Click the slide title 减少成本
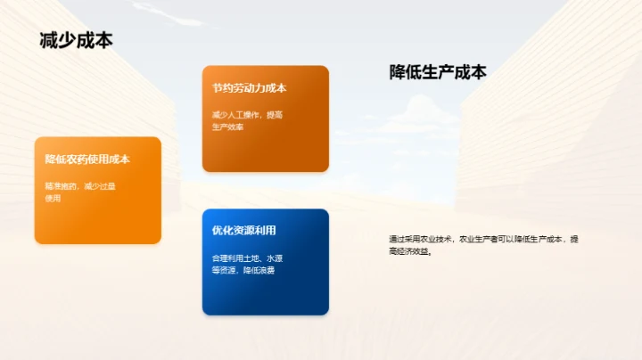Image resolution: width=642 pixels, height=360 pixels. [76, 40]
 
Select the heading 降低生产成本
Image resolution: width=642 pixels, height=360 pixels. [438, 72]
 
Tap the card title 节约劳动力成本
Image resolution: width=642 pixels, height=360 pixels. [249, 88]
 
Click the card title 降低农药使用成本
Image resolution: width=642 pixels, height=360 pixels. [87, 160]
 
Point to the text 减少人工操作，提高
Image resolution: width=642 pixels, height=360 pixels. [248, 115]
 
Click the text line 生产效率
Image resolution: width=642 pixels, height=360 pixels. [227, 127]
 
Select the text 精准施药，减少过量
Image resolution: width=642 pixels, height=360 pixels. [80, 186]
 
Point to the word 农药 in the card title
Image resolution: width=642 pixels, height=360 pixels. [77, 160]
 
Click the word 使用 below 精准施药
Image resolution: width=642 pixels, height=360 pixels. [53, 199]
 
